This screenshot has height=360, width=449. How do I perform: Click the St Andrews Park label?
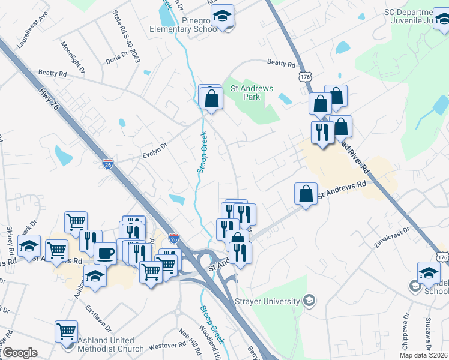(x=252, y=92)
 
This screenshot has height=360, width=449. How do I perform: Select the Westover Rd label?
(x=167, y=345)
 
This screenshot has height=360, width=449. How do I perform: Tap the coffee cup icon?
(x=105, y=253)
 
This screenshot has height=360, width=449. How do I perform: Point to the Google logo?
(x=20, y=353)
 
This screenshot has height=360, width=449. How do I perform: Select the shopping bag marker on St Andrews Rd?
(x=306, y=194)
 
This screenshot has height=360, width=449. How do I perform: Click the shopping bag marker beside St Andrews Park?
(x=211, y=98)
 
